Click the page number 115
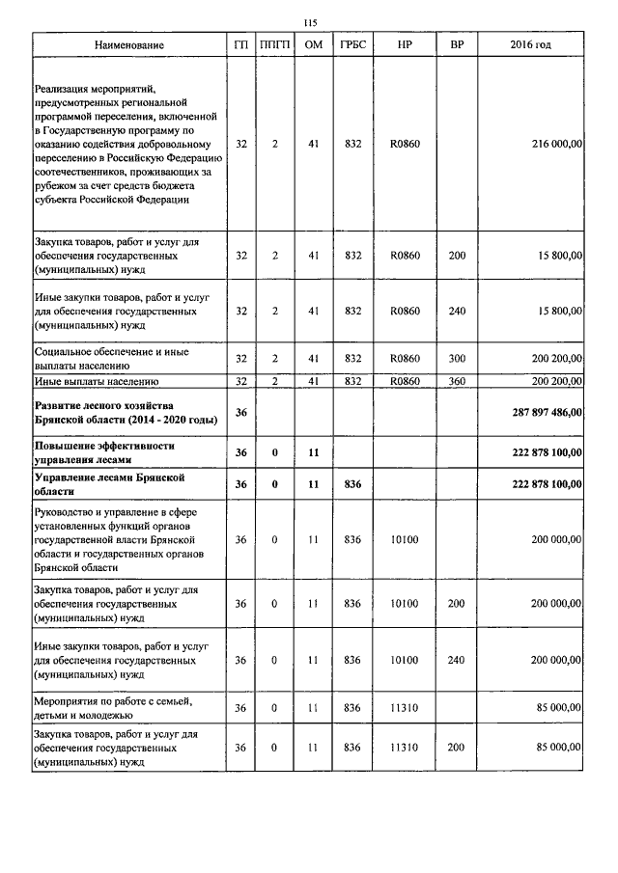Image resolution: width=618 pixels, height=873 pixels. (310, 23)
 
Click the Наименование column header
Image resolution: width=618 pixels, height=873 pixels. (129, 45)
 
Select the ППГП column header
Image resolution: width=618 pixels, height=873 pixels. (275, 45)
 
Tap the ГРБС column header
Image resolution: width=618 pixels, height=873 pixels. (351, 45)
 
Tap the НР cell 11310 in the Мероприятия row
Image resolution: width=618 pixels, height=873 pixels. (405, 708)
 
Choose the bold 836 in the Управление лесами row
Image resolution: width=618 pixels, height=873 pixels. (351, 483)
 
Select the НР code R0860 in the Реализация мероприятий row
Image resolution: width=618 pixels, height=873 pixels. (405, 144)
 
